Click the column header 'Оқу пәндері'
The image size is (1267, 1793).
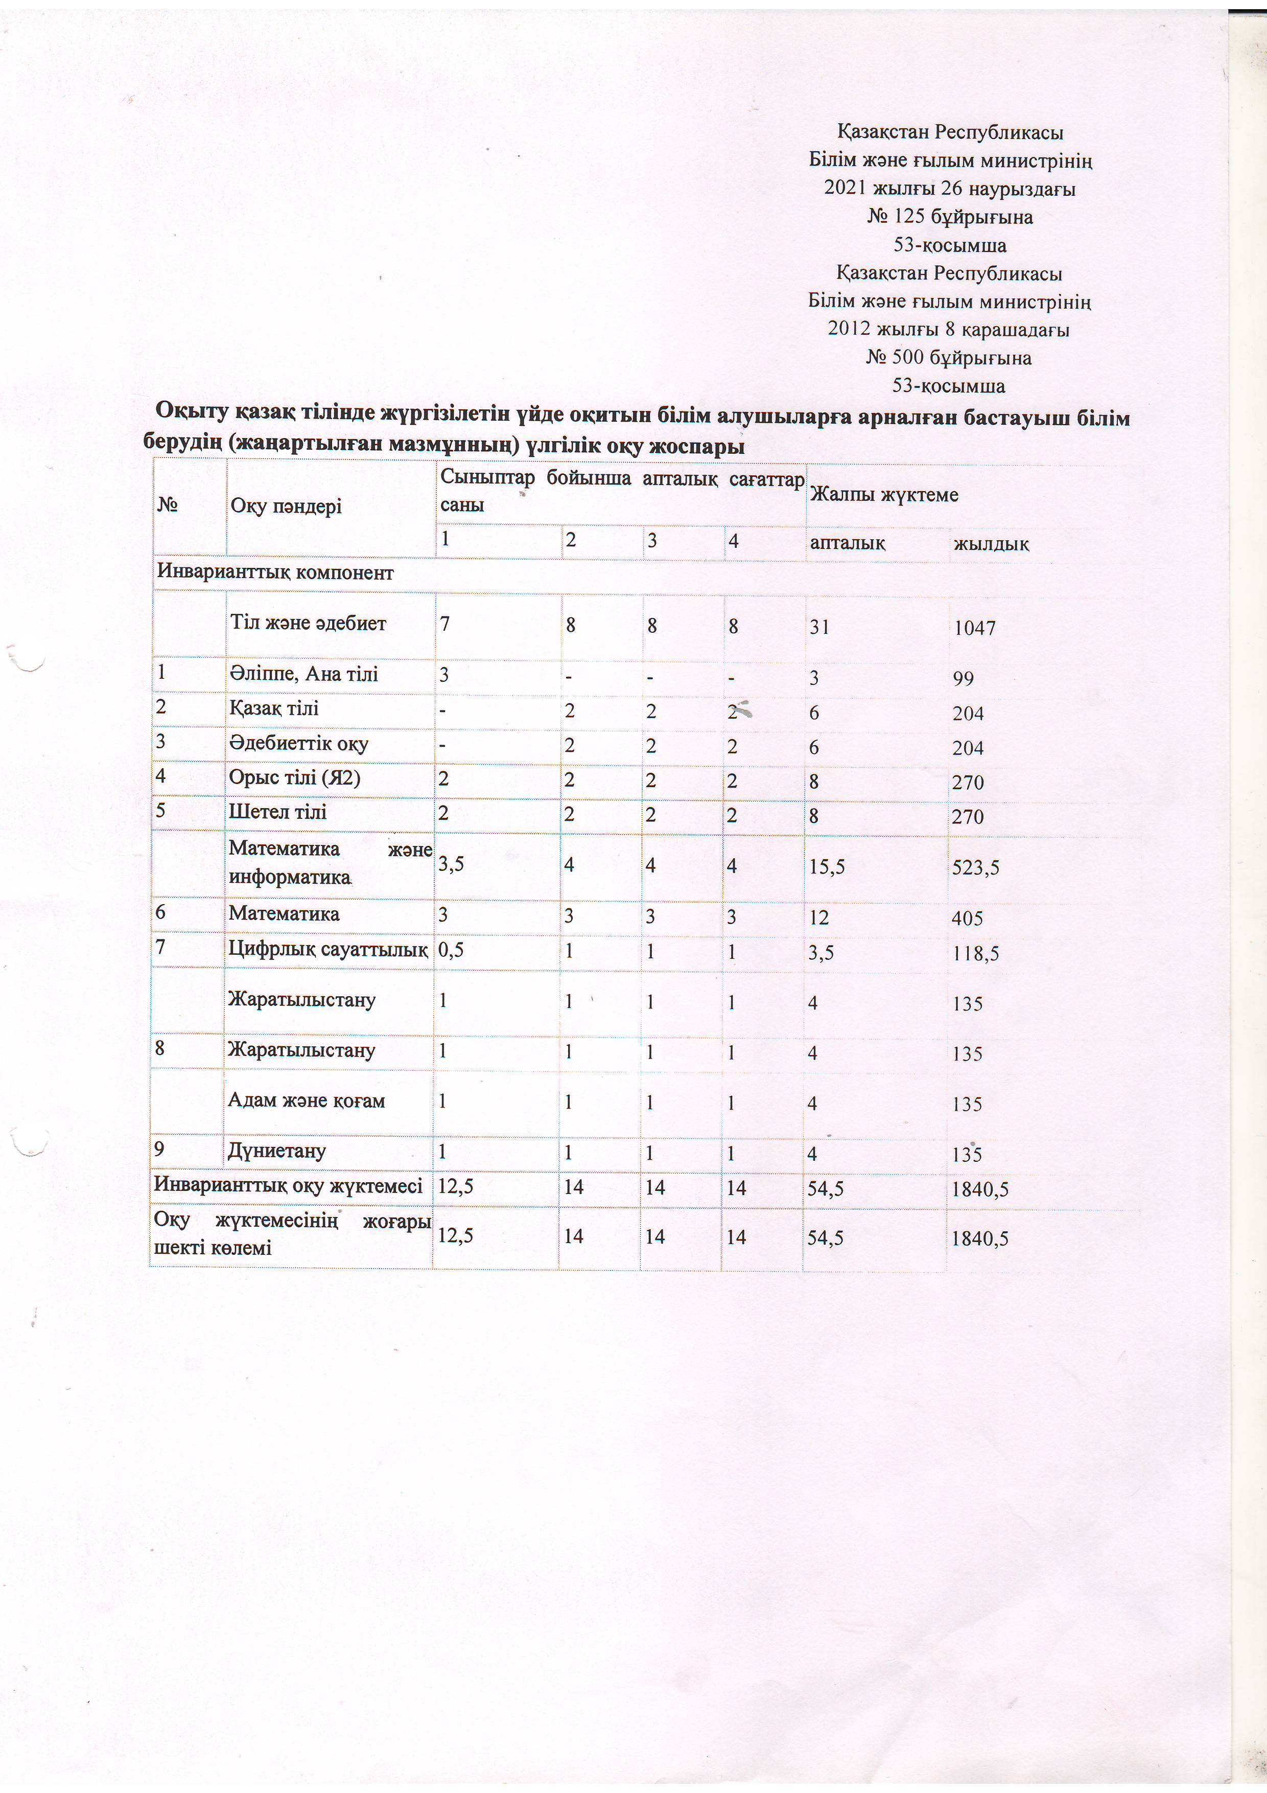pyautogui.click(x=286, y=506)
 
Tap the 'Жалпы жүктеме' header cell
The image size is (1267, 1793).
pyautogui.click(x=884, y=494)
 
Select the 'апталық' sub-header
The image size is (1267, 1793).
pyautogui.click(x=847, y=542)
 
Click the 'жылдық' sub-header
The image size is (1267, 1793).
pyautogui.click(x=991, y=543)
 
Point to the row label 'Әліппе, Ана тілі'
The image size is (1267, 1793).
pyautogui.click(x=303, y=674)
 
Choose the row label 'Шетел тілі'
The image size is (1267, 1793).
pyautogui.click(x=277, y=812)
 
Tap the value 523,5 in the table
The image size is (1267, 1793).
pyautogui.click(x=975, y=867)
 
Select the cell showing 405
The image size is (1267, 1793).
pyautogui.click(x=967, y=918)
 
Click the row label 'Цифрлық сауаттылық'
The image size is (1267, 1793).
pyautogui.click(x=328, y=950)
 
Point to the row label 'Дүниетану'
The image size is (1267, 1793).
pyautogui.click(x=276, y=1151)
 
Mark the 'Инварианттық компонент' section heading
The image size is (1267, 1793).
pyautogui.click(x=275, y=572)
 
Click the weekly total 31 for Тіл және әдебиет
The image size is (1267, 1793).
pyautogui.click(x=819, y=627)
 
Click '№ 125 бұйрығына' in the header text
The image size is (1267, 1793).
pyautogui.click(x=949, y=217)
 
